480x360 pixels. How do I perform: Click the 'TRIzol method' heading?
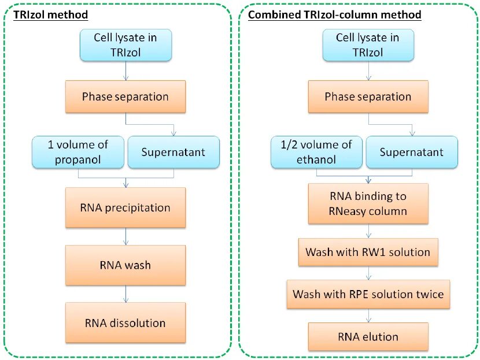point(50,14)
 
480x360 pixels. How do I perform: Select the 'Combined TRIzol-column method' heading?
point(335,14)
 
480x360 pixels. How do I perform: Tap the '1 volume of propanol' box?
point(78,152)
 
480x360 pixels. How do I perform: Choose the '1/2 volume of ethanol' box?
point(316,152)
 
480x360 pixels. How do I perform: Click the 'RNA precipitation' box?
point(125,207)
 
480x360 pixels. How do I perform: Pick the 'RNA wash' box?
point(125,265)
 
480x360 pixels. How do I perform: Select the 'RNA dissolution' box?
point(125,322)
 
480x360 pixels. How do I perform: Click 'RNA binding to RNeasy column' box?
point(368,203)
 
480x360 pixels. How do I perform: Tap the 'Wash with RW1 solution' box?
point(368,252)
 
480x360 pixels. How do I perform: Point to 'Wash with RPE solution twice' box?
point(368,294)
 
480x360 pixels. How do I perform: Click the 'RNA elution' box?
point(368,336)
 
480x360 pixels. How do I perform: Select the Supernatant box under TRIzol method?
point(173,152)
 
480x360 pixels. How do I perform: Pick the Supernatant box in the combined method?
point(412,152)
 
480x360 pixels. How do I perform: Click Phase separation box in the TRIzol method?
point(125,97)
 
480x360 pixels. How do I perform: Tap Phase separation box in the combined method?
point(368,97)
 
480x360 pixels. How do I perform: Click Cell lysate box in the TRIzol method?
point(126,45)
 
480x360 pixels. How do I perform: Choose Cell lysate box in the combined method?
point(368,45)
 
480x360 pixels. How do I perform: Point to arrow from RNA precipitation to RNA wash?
point(125,236)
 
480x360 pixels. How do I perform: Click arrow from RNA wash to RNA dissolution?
point(125,294)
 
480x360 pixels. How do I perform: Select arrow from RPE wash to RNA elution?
point(368,316)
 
